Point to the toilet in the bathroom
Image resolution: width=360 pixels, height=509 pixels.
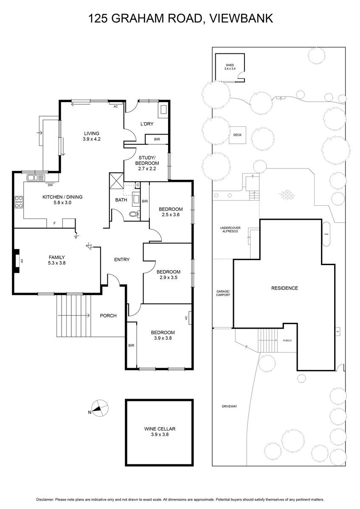135,214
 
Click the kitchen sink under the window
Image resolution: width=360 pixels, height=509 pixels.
35,177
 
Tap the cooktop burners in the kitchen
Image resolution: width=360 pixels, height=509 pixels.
19,202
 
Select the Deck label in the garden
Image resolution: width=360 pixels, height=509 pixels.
237,135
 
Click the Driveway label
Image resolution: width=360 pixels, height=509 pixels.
229,406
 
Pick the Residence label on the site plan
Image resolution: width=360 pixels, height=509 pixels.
284,288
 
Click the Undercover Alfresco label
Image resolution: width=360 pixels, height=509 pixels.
230,229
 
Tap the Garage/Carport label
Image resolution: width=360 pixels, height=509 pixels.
223,293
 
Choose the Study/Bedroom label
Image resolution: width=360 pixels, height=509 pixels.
147,160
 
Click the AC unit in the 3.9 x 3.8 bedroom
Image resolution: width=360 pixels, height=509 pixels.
189,317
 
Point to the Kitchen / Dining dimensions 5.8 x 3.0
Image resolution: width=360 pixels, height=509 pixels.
62,203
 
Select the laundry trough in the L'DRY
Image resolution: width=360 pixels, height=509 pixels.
162,111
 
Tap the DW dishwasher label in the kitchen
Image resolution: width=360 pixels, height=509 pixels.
50,185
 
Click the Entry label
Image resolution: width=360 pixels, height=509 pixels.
122,260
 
